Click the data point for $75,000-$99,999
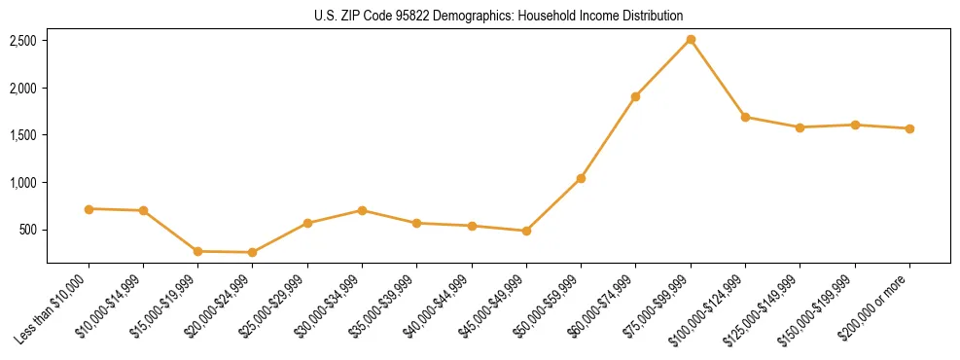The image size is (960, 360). click(691, 40)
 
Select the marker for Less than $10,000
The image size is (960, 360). click(89, 209)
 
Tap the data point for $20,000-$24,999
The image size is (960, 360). click(253, 252)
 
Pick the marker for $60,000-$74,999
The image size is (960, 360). click(635, 96)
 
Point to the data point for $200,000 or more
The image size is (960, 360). click(909, 128)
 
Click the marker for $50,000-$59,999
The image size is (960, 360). click(581, 178)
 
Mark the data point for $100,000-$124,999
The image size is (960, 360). click(745, 117)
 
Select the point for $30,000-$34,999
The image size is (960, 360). click(362, 210)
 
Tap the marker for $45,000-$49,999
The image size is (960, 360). click(526, 231)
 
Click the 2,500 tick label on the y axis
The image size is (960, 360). click(23, 41)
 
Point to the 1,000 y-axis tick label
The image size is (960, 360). click(23, 183)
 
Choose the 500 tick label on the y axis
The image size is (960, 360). click(28, 231)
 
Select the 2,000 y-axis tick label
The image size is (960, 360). click(23, 89)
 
